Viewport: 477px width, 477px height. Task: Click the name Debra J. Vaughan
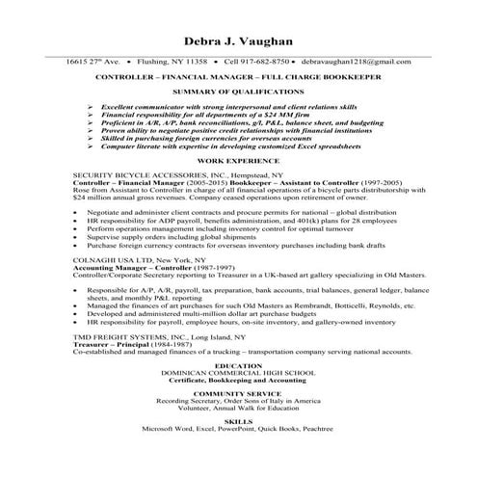click(238, 41)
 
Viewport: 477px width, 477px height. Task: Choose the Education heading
click(238, 366)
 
